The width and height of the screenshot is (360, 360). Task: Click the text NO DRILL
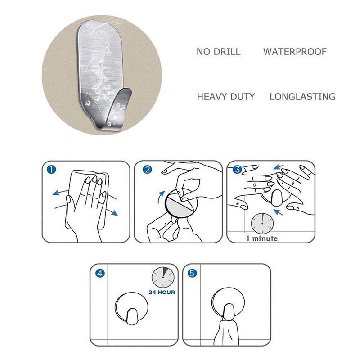pyautogui.click(x=219, y=52)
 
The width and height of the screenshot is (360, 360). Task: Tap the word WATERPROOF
pyautogui.click(x=295, y=52)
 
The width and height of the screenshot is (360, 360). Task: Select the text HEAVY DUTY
pyautogui.click(x=226, y=97)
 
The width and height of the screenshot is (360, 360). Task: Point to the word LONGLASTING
pyautogui.click(x=302, y=97)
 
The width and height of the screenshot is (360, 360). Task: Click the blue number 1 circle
pyautogui.click(x=51, y=170)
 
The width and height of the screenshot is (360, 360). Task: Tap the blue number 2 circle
pyautogui.click(x=147, y=170)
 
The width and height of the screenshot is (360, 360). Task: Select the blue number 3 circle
pyautogui.click(x=238, y=170)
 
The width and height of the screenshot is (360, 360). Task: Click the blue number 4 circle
pyautogui.click(x=100, y=273)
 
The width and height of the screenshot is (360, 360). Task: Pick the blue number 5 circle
pyautogui.click(x=193, y=273)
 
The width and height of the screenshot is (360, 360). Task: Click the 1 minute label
pyautogui.click(x=262, y=238)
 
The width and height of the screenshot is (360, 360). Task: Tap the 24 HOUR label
pyautogui.click(x=162, y=292)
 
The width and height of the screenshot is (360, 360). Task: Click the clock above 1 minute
pyautogui.click(x=262, y=223)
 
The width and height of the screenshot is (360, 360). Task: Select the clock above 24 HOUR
pyautogui.click(x=163, y=277)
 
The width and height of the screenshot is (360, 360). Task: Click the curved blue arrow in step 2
pyautogui.click(x=161, y=197)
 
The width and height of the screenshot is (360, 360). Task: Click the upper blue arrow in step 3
pyautogui.click(x=278, y=167)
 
